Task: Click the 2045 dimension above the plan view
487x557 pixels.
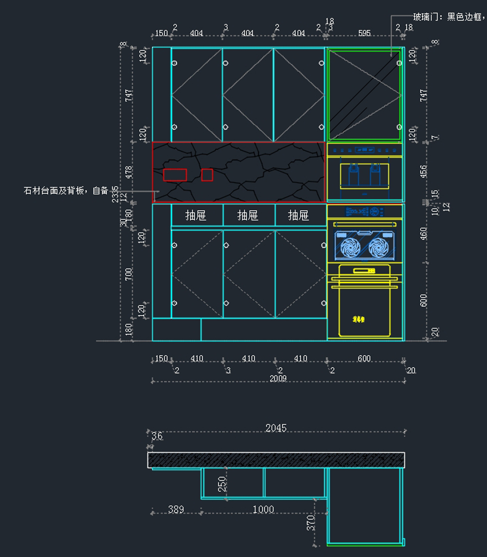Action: [276, 428]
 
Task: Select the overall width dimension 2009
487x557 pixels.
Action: [278, 378]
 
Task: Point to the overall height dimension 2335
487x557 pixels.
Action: [115, 194]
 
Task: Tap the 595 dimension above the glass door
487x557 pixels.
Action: [364, 33]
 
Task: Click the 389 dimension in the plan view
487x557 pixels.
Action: [176, 509]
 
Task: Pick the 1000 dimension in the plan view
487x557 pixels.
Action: [263, 509]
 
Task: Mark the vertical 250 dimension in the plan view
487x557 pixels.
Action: [222, 484]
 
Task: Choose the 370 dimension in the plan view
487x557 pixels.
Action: [311, 522]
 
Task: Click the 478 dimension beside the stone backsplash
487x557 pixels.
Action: [129, 172]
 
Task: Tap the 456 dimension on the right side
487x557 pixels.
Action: [423, 171]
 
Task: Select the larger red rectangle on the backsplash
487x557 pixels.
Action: [175, 175]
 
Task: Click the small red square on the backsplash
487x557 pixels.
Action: [207, 175]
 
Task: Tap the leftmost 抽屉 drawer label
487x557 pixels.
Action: [196, 215]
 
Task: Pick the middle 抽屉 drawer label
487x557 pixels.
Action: [248, 215]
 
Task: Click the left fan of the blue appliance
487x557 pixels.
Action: [350, 247]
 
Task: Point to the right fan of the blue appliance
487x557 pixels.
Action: [378, 247]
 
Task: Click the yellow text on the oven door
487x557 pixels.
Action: [358, 319]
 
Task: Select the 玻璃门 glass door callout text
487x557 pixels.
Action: [448, 17]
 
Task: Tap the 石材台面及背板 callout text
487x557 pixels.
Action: [66, 191]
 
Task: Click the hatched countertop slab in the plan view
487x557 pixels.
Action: [276, 460]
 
